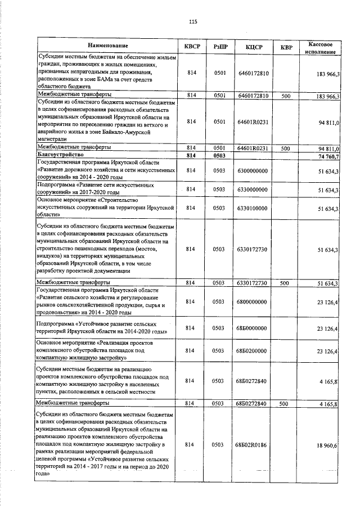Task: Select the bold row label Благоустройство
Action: pos(60,155)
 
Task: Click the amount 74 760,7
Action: pos(328,156)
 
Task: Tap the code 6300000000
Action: pos(252,170)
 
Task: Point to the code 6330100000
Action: pos(252,209)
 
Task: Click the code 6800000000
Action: pos(252,303)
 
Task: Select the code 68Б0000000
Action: pos(252,328)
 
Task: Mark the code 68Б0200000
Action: pos(252,351)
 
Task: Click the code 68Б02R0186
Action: pos(252,445)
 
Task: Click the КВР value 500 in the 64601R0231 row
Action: pos(285,148)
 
